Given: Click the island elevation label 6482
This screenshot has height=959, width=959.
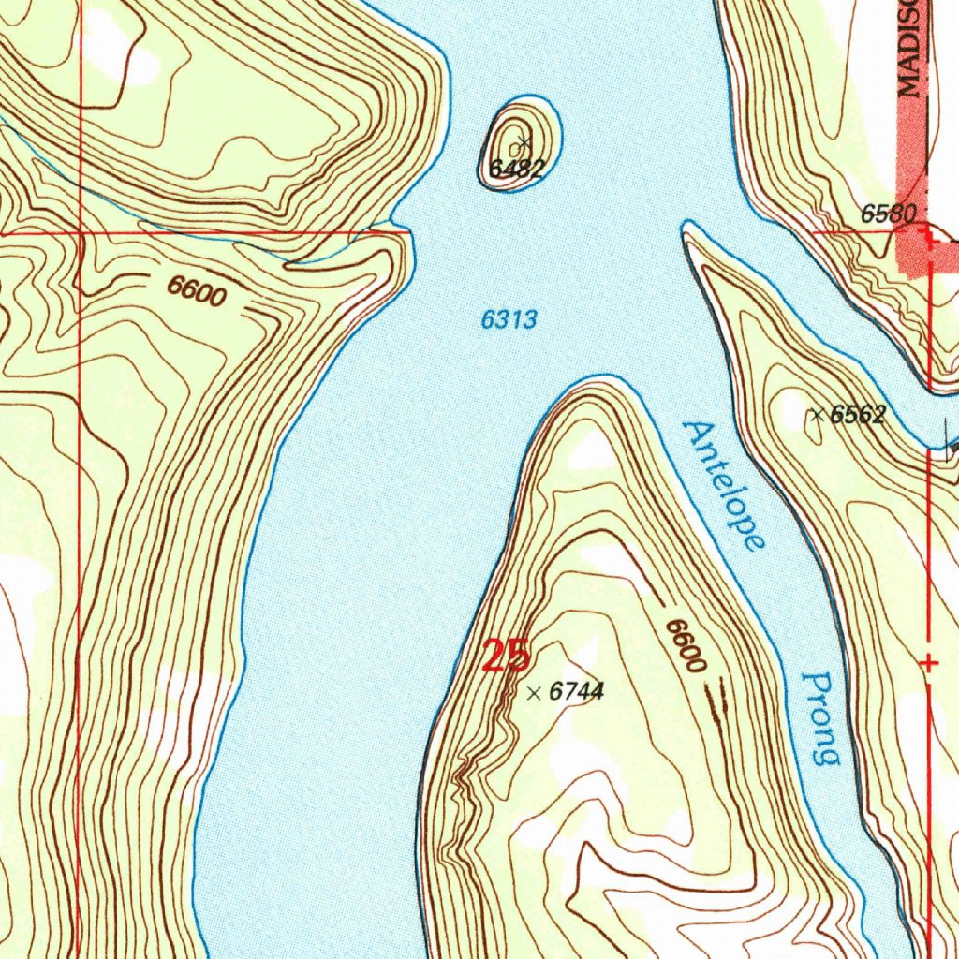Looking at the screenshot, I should (x=516, y=169).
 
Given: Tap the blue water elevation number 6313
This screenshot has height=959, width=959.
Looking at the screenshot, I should (x=509, y=320).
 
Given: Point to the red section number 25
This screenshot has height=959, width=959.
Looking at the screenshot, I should (x=506, y=656).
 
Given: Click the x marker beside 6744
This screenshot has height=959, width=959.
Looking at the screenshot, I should (x=534, y=693).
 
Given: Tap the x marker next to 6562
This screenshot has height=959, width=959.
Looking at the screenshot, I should (x=818, y=414).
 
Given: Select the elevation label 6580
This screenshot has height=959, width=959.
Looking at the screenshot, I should (x=888, y=214).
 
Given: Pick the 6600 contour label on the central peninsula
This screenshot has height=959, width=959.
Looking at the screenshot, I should (x=685, y=645).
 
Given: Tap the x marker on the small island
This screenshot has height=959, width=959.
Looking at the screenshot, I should (x=524, y=143).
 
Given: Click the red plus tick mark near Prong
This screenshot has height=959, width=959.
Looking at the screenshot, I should (x=929, y=663).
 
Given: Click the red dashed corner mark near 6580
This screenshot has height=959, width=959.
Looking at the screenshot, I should (x=930, y=238).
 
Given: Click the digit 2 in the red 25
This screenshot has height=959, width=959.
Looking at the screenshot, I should (x=494, y=656).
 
